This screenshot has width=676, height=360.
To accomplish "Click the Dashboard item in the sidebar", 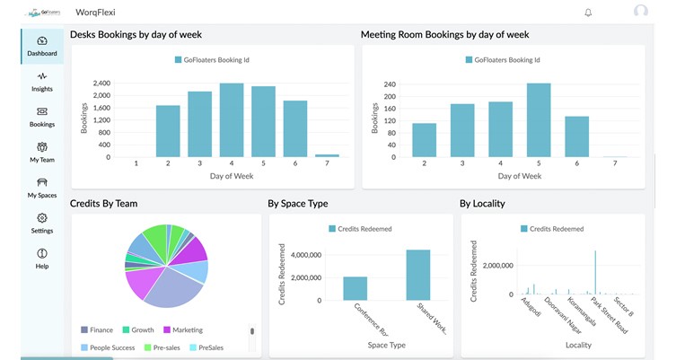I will tap(41, 46).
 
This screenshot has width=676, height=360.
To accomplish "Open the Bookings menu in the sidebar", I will tap(41, 117).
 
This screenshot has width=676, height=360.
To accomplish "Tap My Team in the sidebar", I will tap(41, 152).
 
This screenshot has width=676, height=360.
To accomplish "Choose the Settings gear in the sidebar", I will tap(41, 223).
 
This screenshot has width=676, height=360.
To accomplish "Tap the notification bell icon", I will tap(588, 13).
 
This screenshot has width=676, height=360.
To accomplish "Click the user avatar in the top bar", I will tap(640, 12).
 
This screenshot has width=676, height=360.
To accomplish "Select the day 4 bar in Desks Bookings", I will tap(232, 120).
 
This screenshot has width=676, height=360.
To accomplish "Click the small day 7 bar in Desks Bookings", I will tap(328, 155).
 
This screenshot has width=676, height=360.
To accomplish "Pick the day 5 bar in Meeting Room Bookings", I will tap(539, 120).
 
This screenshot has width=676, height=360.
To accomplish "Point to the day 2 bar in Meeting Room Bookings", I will tap(424, 140).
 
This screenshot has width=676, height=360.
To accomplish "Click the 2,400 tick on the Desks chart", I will tap(101, 83).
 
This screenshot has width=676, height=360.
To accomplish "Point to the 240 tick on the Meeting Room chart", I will tap(390, 83).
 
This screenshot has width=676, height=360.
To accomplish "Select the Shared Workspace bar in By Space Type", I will tap(417, 275).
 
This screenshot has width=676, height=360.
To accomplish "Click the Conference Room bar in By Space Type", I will tap(355, 288).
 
